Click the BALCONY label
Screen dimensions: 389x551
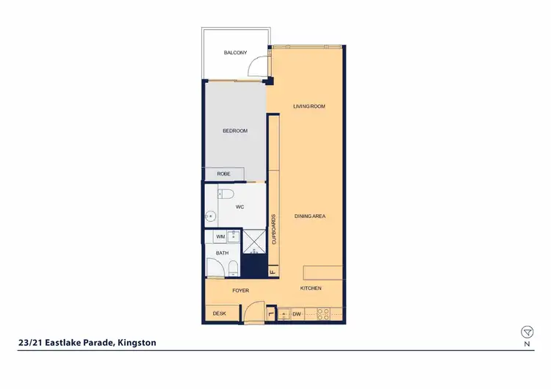click(x=234, y=53)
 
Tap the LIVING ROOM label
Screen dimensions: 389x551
click(x=309, y=106)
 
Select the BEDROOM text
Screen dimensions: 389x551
click(x=234, y=131)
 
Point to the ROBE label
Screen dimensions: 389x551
click(x=223, y=174)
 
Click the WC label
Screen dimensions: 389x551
click(x=240, y=208)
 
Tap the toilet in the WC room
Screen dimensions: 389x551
click(x=226, y=194)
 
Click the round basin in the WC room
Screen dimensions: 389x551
click(x=210, y=217)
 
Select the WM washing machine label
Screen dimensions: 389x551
click(x=220, y=237)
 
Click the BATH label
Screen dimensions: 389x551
click(x=222, y=253)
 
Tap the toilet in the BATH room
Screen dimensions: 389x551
click(x=233, y=267)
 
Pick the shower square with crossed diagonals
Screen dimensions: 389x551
click(x=253, y=241)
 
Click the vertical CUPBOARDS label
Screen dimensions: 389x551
click(x=273, y=229)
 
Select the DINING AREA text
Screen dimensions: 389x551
click(x=309, y=217)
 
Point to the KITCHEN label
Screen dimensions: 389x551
click(x=311, y=288)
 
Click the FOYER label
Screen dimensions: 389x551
click(x=240, y=291)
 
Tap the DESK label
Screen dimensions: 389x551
click(x=219, y=314)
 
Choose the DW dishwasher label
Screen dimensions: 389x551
click(x=297, y=314)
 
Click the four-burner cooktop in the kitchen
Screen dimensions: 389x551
click(x=322, y=314)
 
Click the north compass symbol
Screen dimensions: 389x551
click(x=526, y=332)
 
